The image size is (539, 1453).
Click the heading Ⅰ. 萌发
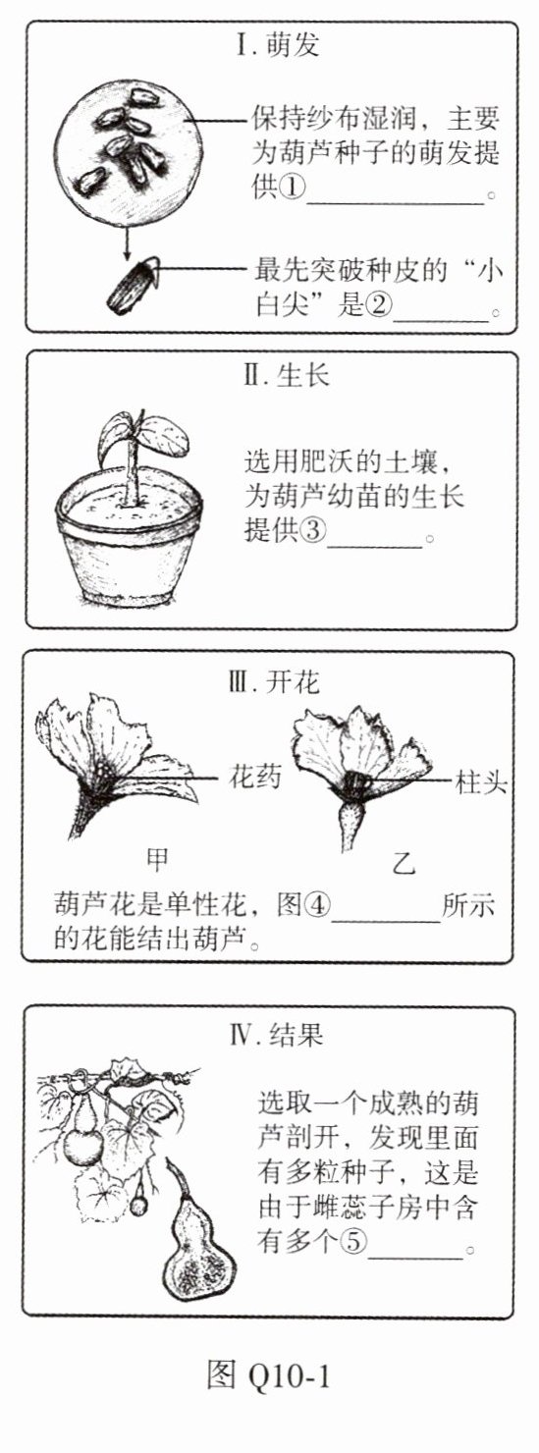[x=278, y=46]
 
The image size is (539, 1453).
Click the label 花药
[x=255, y=777]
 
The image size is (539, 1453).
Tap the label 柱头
[x=481, y=782]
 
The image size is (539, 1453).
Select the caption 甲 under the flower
[x=158, y=858]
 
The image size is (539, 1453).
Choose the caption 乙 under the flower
[x=404, y=863]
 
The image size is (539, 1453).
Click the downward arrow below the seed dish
[x=127, y=242]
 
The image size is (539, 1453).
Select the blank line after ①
[x=396, y=203]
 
